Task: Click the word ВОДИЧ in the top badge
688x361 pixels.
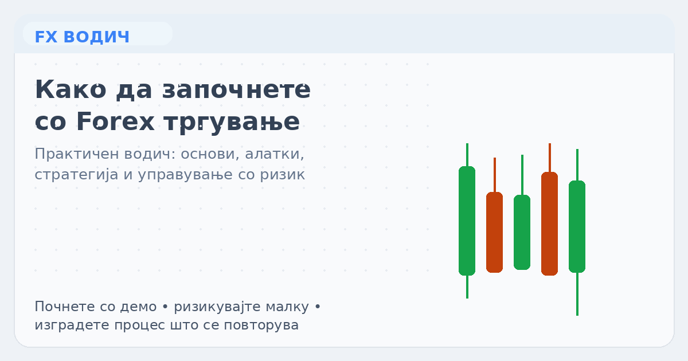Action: point(97,37)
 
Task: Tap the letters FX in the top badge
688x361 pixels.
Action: point(46,37)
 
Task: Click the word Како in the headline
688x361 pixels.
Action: point(71,91)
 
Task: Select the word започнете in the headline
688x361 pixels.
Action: point(236,91)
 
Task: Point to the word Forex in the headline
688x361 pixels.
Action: point(115,121)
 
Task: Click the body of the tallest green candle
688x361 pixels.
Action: point(467,221)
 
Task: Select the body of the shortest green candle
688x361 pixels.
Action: point(522,232)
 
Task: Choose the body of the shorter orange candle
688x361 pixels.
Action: point(494,232)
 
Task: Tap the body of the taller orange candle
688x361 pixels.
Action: point(549,223)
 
